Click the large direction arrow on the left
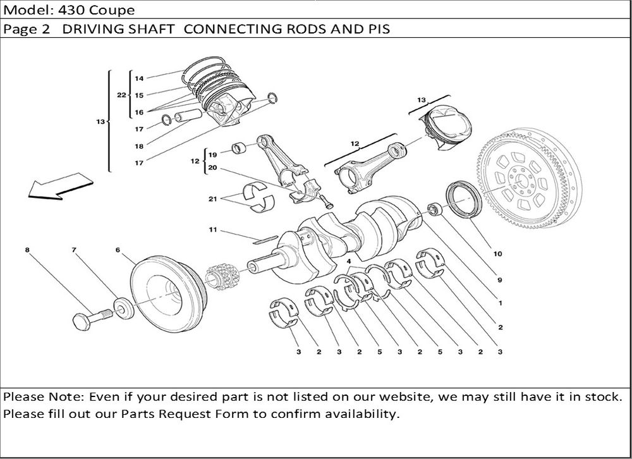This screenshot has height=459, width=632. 61,187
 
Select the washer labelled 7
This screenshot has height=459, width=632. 123,309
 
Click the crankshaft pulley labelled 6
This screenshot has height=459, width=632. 169,294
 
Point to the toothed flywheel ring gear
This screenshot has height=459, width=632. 530,179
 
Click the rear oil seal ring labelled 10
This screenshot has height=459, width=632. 464,200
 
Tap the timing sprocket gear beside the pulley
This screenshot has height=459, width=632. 222,276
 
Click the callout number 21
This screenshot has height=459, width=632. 213,199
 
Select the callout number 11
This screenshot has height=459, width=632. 213,230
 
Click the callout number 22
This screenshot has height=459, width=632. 121,95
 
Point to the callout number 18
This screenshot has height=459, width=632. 139,146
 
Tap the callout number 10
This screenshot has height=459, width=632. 498,254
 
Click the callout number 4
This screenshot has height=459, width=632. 349,261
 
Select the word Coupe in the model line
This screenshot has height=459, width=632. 112,9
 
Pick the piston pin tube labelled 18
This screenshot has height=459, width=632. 188,116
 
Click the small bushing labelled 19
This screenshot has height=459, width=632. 240,147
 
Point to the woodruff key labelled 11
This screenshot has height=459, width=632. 265,240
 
